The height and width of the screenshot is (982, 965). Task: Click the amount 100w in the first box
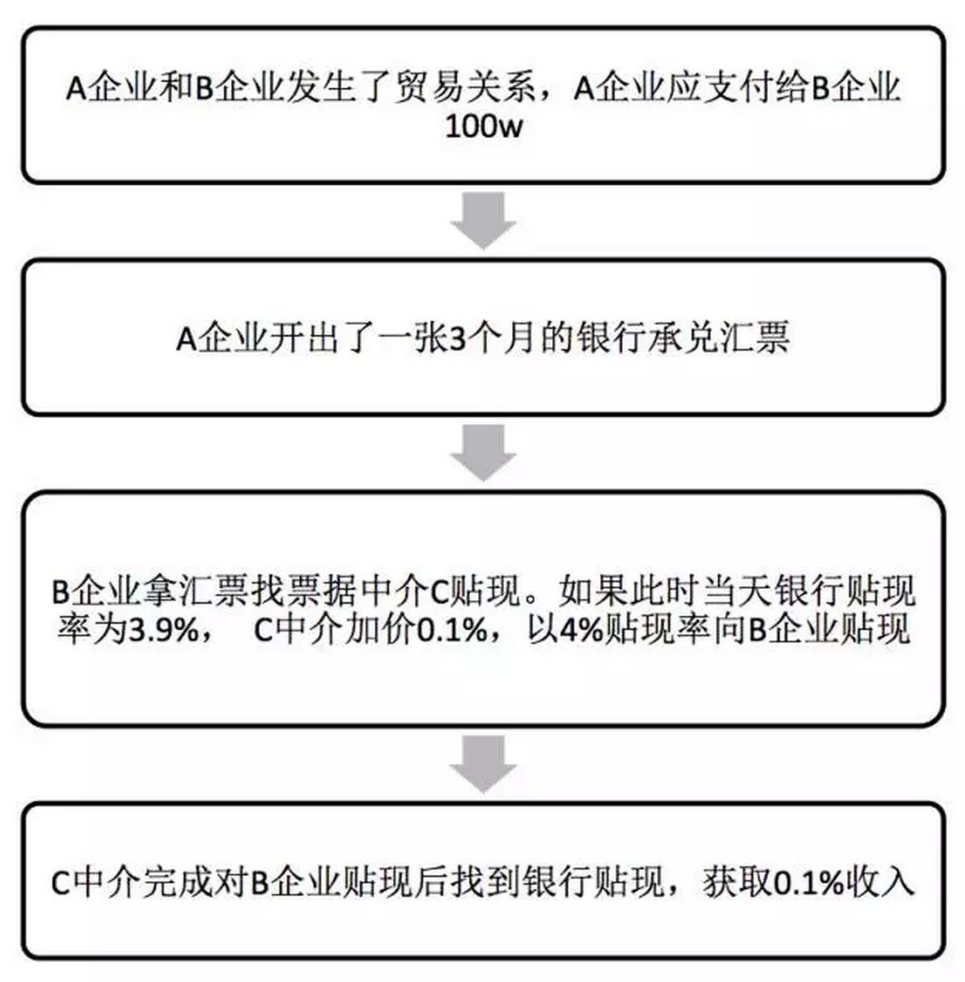coord(484,127)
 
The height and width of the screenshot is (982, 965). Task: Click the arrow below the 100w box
coord(483,221)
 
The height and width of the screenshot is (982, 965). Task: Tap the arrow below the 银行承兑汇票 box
coord(483,452)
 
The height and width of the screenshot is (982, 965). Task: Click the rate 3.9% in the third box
coord(163,631)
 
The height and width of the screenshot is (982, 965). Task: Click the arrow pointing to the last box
coord(483,764)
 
